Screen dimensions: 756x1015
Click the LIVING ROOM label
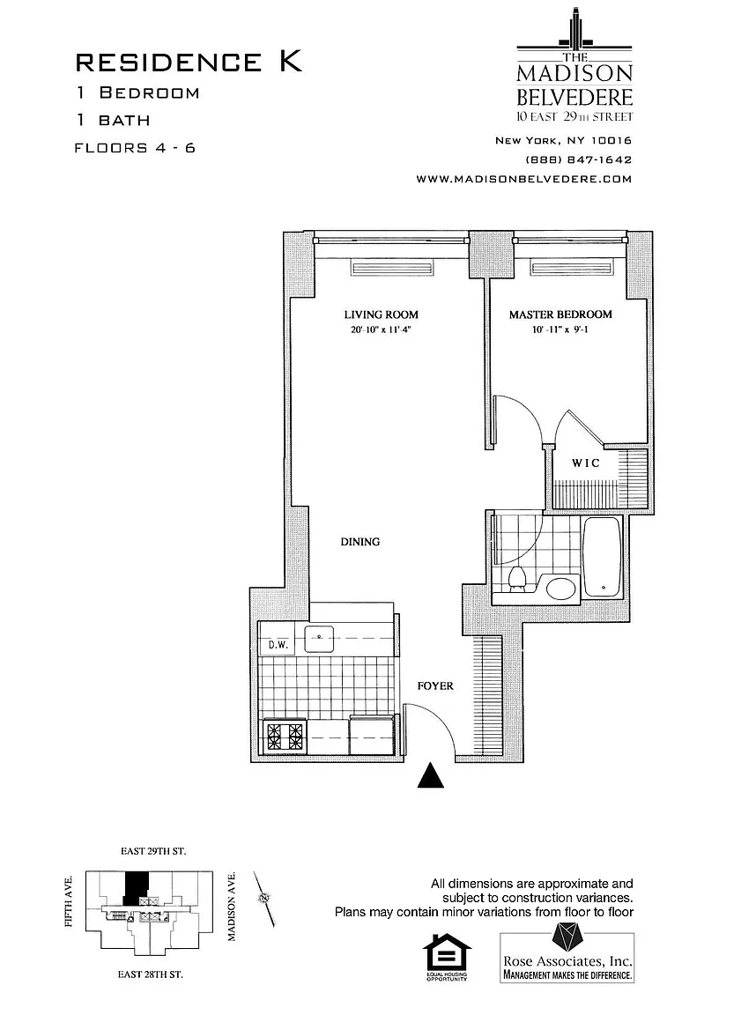(381, 315)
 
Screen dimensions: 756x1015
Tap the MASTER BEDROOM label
(560, 315)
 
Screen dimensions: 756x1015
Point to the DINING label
(359, 542)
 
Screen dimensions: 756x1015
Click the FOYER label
(435, 685)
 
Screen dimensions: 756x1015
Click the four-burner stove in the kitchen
(285, 737)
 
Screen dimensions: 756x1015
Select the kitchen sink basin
(318, 637)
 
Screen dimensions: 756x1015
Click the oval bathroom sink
(561, 588)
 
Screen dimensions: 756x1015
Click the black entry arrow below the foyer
(429, 775)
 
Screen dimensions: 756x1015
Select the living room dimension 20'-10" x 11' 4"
(381, 331)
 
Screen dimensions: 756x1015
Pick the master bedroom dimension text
(560, 331)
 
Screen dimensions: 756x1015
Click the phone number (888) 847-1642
(579, 159)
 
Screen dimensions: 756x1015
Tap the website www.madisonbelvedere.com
(524, 178)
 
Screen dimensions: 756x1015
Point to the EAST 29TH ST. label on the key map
(153, 852)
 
